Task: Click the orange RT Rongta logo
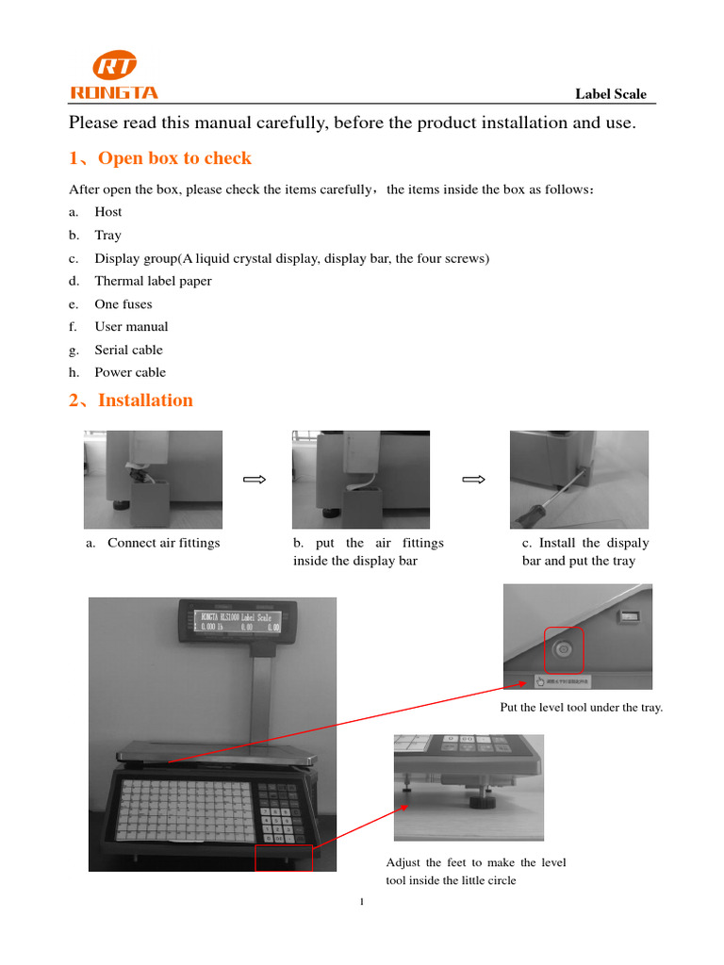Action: coord(113,75)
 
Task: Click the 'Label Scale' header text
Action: coord(611,93)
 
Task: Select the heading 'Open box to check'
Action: coord(174,158)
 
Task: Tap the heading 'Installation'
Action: coord(145,401)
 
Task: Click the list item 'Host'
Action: coord(108,212)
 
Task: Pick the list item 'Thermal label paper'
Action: coord(153,281)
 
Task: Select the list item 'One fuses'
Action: coord(123,303)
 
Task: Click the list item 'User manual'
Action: coord(131,326)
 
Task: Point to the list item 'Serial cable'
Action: coord(128,350)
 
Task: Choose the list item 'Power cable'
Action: coord(130,372)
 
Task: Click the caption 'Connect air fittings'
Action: coord(163,543)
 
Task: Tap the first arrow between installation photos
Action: coord(255,480)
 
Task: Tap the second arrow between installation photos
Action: coord(473,480)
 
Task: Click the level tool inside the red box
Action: coord(564,648)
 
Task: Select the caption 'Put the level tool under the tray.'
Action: coord(581,708)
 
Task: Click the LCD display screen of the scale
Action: coord(240,622)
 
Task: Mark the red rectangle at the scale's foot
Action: coord(283,858)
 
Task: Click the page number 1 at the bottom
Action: coord(362,903)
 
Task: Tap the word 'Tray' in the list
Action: coord(107,235)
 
